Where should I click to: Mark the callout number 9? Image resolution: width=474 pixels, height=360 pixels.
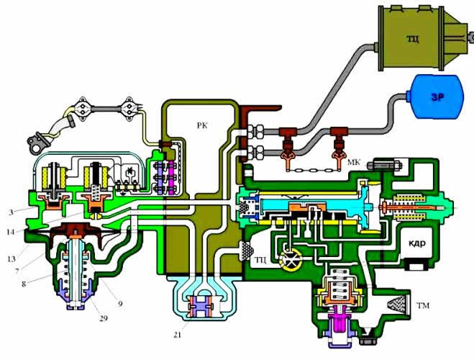coord(121,302)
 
